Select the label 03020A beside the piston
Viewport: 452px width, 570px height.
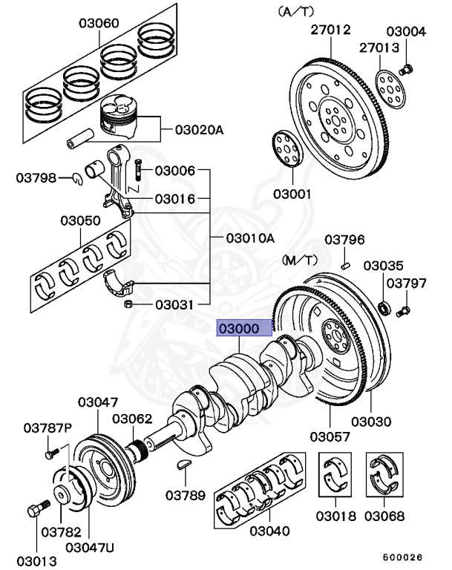pos(199,130)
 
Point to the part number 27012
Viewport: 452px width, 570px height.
pos(330,30)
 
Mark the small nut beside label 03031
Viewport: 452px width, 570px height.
pos(128,304)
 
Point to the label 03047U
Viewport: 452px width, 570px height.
pos(90,548)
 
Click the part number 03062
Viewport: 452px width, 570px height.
pos(133,419)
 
